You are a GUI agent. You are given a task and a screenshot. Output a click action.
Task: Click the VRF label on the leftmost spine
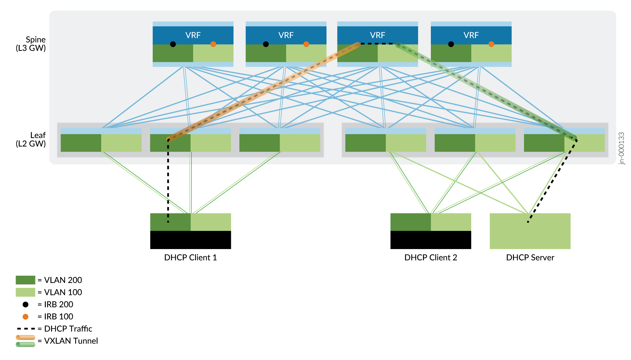[193, 35]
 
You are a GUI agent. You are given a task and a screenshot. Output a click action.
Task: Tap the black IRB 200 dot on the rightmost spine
[451, 44]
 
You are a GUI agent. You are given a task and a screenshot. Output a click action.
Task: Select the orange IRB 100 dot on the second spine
[306, 44]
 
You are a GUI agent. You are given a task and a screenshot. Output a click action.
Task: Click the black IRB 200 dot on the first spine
[173, 44]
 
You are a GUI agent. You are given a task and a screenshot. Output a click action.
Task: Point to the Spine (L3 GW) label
[31, 44]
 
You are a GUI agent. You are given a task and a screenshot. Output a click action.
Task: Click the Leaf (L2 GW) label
[31, 140]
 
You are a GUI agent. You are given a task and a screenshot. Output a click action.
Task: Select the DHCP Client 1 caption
[190, 257]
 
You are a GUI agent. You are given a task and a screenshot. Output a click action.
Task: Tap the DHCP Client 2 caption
[431, 257]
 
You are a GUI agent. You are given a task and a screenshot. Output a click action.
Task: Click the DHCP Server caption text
[530, 257]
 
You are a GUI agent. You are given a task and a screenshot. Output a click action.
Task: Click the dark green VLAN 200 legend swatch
[25, 280]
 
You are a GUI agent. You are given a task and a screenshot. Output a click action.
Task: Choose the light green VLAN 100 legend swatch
[25, 292]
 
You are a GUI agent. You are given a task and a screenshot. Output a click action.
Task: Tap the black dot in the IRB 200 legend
[26, 305]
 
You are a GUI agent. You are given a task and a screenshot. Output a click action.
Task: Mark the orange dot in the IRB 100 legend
[26, 317]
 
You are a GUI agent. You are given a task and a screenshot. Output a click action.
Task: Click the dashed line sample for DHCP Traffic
[26, 329]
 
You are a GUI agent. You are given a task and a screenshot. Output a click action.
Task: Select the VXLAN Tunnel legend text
[71, 341]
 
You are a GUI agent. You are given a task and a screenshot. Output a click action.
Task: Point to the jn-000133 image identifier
[621, 148]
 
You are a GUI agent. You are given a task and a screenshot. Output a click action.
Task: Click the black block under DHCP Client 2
[431, 240]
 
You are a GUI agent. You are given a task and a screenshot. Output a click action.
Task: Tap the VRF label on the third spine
[377, 35]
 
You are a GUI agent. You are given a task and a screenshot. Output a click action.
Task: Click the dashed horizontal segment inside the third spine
[377, 44]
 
